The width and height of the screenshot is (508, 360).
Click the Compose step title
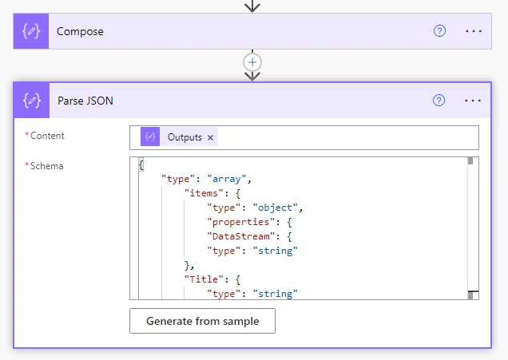[x=80, y=31]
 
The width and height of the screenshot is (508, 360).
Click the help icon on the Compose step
[x=439, y=31]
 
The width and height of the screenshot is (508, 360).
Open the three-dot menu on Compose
[x=474, y=31]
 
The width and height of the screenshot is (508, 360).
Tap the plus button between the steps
[x=252, y=62]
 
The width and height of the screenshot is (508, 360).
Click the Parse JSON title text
[x=85, y=101]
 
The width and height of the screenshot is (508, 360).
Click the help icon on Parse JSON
[x=439, y=101]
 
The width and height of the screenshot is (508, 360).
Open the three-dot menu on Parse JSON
[x=473, y=101]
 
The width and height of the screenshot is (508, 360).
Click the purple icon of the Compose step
[x=31, y=31]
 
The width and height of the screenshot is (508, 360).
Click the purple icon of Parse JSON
[x=32, y=101]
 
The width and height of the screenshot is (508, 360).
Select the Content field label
[x=47, y=136]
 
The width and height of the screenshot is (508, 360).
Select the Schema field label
[x=46, y=166]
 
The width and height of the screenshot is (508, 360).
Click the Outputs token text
[x=185, y=137]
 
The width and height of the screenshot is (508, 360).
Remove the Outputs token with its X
[x=210, y=137]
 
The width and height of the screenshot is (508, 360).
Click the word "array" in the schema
[x=227, y=179]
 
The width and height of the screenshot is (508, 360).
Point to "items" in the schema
[x=204, y=193]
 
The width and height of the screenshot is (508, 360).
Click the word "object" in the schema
[x=275, y=208]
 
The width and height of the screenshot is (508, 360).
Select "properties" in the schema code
[x=240, y=222]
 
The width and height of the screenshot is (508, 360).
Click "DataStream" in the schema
[x=240, y=236]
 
